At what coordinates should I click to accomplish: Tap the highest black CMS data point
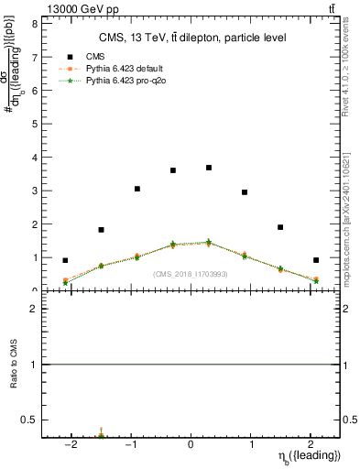point(209,168)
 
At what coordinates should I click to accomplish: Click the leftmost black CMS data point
point(65,260)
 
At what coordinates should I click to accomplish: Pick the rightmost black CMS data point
point(316,260)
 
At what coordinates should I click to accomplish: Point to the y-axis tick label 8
point(34,24)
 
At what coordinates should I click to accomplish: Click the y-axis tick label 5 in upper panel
point(34,124)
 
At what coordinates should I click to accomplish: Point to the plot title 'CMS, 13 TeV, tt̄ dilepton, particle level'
point(192,38)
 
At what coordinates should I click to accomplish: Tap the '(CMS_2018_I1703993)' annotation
point(191,274)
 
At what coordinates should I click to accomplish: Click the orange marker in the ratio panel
point(101,431)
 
